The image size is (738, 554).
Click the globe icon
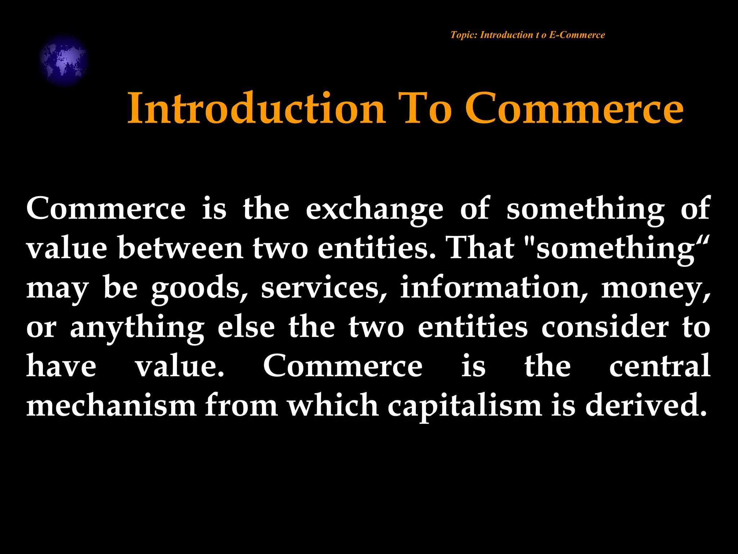click(x=63, y=60)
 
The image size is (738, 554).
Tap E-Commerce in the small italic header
click(x=577, y=35)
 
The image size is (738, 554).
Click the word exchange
click(x=374, y=209)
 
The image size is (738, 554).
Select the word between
click(x=181, y=249)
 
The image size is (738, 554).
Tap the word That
click(x=481, y=249)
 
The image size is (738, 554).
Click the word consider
click(x=605, y=327)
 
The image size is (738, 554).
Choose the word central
click(x=659, y=366)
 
